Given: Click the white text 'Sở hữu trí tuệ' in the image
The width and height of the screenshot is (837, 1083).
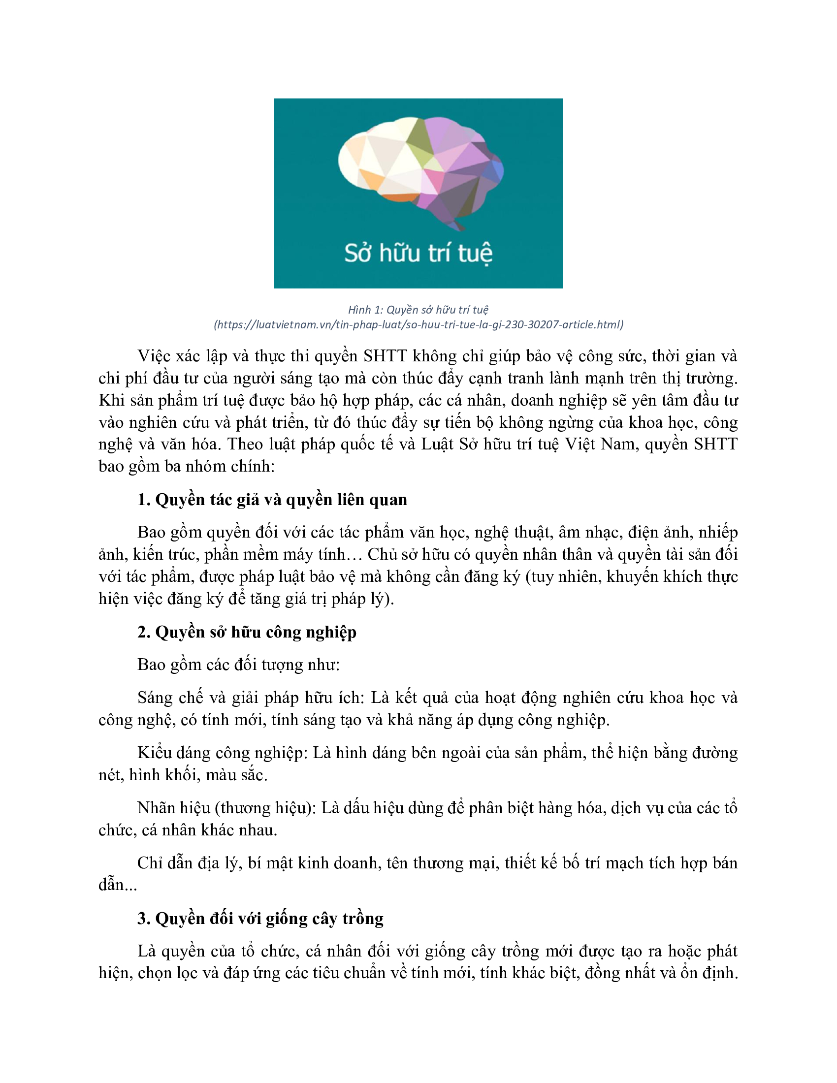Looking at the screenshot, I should click(418, 253).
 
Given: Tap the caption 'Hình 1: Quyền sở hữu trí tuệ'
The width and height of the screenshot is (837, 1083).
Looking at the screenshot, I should click(418, 310).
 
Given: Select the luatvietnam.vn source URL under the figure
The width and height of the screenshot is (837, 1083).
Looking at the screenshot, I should click(418, 325).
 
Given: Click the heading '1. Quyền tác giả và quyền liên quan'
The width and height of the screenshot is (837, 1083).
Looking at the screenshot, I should click(272, 499).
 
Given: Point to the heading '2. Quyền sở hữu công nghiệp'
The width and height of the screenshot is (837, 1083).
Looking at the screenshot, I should click(247, 632).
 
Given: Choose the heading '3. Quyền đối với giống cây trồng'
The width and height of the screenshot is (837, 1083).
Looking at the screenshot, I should click(260, 919).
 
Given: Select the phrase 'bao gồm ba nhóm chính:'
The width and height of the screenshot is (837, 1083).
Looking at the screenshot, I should click(187, 466).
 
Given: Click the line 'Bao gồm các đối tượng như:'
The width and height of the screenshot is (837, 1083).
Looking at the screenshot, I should click(238, 665).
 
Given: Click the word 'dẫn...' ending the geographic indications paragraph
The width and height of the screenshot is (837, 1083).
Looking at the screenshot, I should click(118, 885).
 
